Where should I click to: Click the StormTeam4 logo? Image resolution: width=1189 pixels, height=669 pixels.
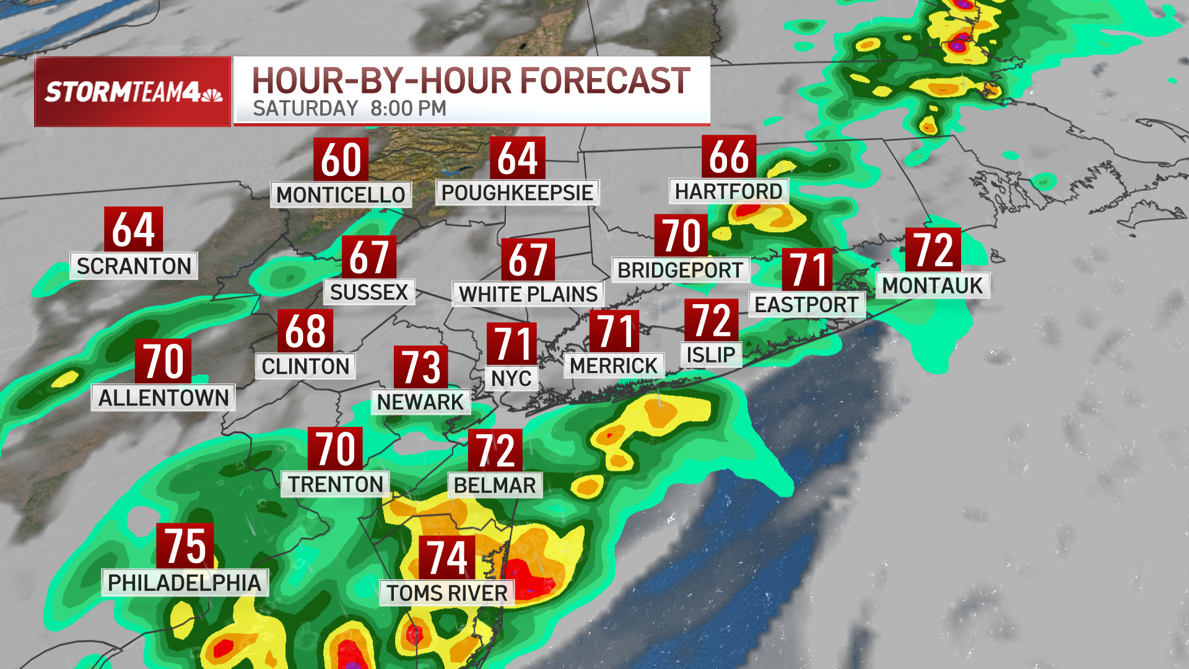pos(133,92)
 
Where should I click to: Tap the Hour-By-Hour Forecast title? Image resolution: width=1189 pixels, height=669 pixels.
pos(471,81)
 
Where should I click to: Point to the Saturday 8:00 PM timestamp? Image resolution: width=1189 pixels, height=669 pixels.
pos(349,108)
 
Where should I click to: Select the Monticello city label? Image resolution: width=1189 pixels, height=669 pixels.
pos(341,195)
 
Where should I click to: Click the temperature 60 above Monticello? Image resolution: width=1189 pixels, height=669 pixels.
pos(341,159)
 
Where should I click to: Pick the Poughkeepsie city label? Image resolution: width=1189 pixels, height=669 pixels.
pos(517,193)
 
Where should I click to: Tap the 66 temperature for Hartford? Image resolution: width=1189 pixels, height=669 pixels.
pos(729,157)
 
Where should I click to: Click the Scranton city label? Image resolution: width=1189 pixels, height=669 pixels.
pos(134,266)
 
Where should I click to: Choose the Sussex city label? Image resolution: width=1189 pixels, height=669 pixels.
pos(369,292)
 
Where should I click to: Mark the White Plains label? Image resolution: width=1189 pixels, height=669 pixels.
pos(528,294)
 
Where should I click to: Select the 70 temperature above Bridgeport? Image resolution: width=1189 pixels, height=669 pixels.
pos(681,236)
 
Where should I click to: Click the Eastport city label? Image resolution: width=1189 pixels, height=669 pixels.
pos(806,305)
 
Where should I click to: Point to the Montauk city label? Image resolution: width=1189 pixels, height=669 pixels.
pos(933,286)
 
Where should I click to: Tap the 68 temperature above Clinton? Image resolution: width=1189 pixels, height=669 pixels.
pos(305,331)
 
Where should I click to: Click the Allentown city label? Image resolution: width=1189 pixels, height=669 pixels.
pos(163,398)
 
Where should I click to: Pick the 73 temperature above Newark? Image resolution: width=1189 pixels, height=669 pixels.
pos(421,367)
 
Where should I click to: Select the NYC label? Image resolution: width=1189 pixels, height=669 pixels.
pos(511,378)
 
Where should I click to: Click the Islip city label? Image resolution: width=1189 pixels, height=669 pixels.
pos(711,355)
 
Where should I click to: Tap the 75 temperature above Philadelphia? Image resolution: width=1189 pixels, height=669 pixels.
pos(185,546)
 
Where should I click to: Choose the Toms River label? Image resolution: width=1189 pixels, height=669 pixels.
pos(447,593)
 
